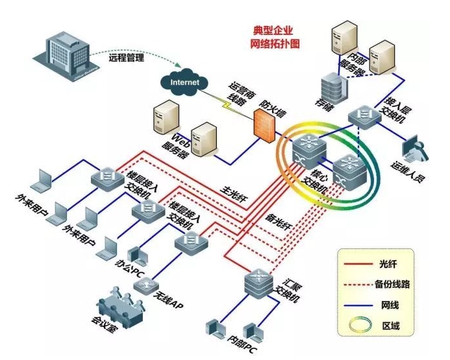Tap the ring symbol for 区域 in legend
coord(353,323)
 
